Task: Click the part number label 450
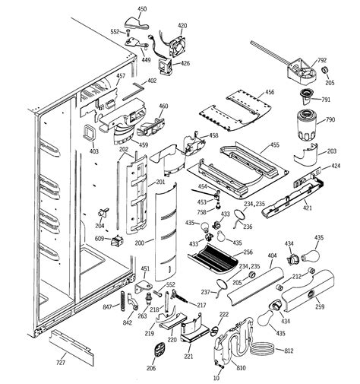coord(141,9)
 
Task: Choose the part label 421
coord(307,207)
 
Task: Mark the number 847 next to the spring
coord(107,306)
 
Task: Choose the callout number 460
coord(163,106)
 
